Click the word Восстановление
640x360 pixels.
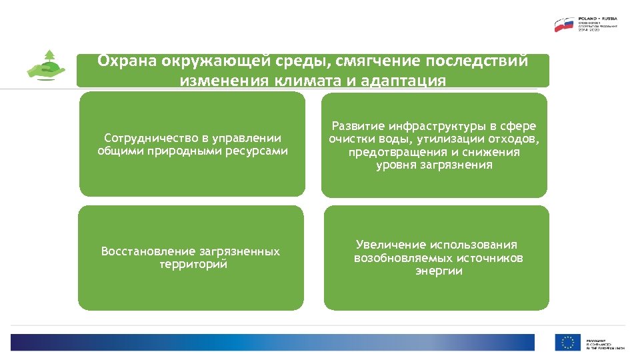click(x=148, y=251)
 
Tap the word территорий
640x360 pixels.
click(x=193, y=264)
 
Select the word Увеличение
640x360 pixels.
click(x=390, y=245)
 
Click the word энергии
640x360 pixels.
click(x=439, y=271)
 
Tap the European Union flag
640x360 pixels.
click(x=567, y=343)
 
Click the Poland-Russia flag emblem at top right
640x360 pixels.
click(x=564, y=25)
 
